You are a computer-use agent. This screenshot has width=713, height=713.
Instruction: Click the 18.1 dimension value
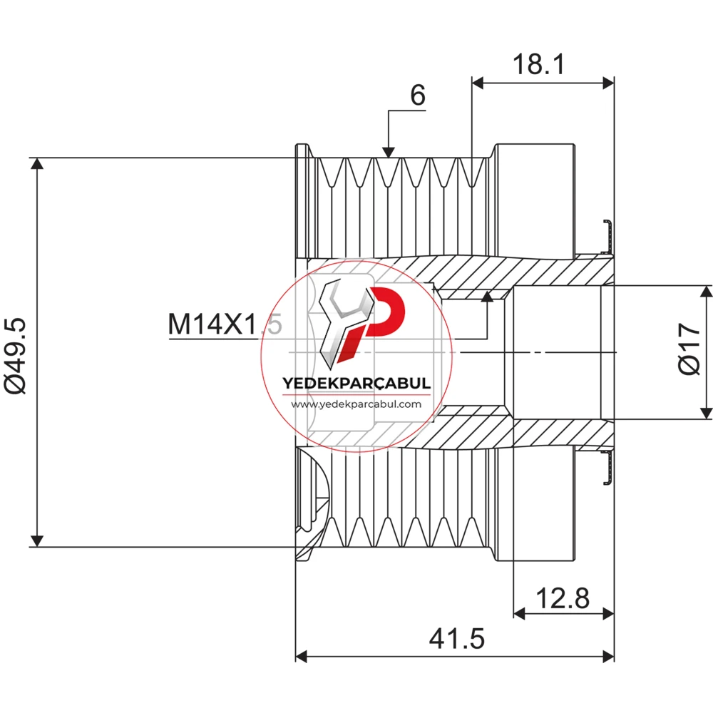[x=539, y=64]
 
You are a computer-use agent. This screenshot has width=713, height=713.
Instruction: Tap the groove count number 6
[x=418, y=96]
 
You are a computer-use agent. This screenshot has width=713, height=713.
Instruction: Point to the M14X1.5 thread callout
[x=225, y=324]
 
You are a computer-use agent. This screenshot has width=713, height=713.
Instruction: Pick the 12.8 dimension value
[x=563, y=598]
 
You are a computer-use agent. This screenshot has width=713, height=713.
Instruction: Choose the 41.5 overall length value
[x=457, y=638]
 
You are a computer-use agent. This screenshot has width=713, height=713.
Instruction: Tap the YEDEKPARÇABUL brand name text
[x=356, y=383]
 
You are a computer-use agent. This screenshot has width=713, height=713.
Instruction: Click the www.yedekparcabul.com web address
[x=356, y=404]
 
